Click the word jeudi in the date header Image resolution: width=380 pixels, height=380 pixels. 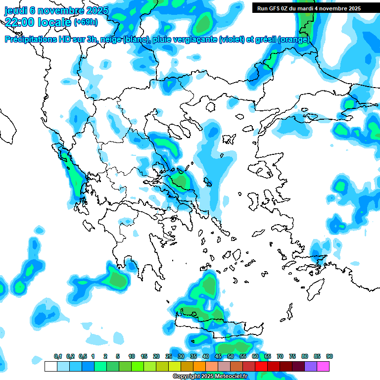pyautogui.click(x=16, y=10)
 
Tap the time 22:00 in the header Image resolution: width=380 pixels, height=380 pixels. pyautogui.click(x=19, y=21)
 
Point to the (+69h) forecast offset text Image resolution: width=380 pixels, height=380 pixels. pyautogui.click(x=86, y=22)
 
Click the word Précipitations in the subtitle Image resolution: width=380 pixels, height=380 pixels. pyautogui.click(x=30, y=40)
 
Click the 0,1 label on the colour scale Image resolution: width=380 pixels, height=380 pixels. pyautogui.click(x=58, y=357)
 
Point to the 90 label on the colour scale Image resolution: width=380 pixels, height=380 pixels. pyautogui.click(x=330, y=357)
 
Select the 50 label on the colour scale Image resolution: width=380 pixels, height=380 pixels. pyautogui.click(x=231, y=357)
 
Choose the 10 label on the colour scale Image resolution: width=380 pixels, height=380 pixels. pyautogui.click(x=132, y=357)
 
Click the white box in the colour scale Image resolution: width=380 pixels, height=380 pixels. pyautogui.click(x=50, y=366)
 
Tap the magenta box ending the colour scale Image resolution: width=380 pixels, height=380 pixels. pyautogui.click(x=323, y=366)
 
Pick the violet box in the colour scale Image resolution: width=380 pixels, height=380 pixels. pyautogui.click(x=311, y=366)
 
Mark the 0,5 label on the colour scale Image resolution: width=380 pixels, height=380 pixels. pyautogui.click(x=83, y=357)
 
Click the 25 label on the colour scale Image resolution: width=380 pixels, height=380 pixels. pyautogui.click(x=169, y=357)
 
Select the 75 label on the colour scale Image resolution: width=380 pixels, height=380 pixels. pyautogui.click(x=292, y=357)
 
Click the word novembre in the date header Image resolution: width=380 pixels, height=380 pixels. pyautogui.click(x=63, y=10)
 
